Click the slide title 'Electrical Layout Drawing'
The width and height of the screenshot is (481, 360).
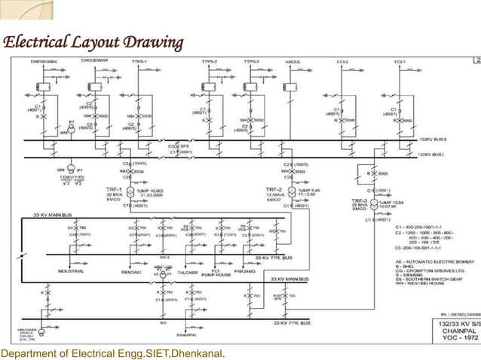click(93, 41)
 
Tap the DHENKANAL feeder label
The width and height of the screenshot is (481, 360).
click(44, 61)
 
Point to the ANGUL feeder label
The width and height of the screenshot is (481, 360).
click(293, 61)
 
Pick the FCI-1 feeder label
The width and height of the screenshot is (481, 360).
click(400, 61)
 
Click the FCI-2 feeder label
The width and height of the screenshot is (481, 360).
click(345, 61)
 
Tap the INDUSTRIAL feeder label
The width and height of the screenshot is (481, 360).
click(71, 271)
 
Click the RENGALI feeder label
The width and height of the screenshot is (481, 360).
click(132, 271)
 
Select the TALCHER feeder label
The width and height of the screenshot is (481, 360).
click(185, 271)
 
